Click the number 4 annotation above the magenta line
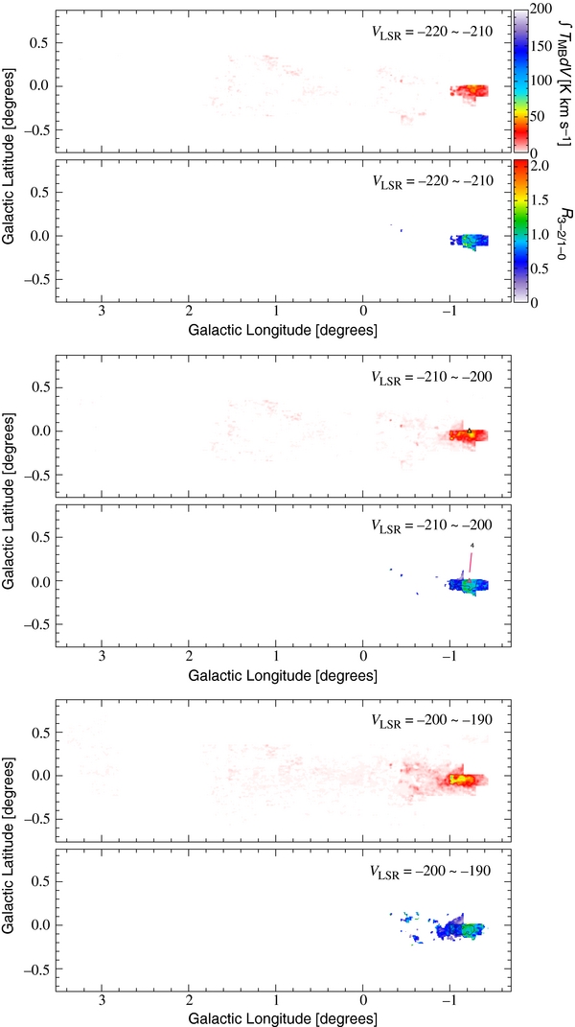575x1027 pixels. coord(471,546)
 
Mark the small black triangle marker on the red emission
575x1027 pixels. coord(470,429)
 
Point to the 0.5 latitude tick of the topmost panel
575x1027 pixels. coord(38,44)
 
